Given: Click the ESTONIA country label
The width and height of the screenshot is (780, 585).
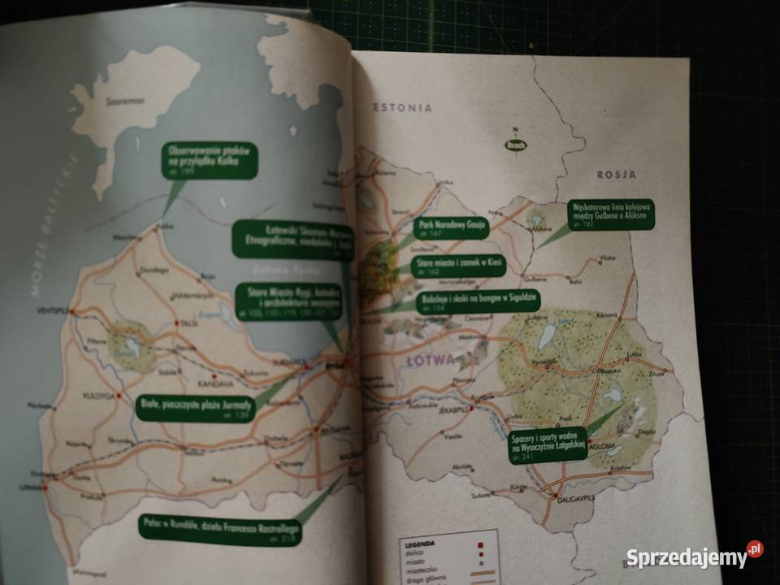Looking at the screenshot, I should click(403, 107).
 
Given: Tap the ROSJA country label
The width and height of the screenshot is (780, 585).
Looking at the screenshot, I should click(617, 174).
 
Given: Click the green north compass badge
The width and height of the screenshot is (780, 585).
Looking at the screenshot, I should click(515, 145).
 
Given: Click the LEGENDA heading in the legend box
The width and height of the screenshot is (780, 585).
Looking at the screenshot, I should click(422, 541).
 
